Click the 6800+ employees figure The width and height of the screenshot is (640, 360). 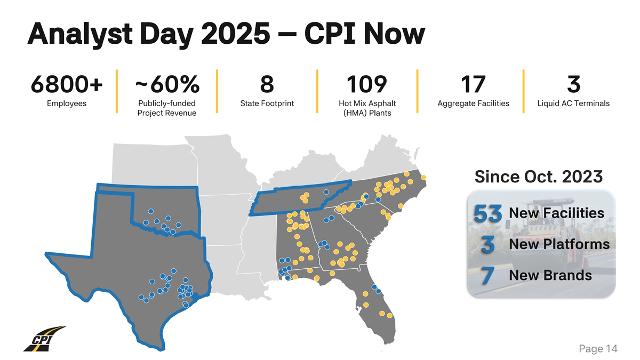(x=67, y=84)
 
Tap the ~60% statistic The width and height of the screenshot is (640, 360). (x=167, y=84)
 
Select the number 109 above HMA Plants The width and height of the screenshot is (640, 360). (x=367, y=84)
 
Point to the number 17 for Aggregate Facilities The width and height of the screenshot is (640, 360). (x=473, y=84)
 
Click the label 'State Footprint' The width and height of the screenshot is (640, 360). (x=267, y=103)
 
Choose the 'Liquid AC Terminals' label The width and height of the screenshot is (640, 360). (x=573, y=103)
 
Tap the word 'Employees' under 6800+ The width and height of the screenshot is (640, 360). (x=67, y=103)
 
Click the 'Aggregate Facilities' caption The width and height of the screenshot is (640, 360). (x=473, y=103)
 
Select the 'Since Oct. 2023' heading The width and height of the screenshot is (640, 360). (x=539, y=176)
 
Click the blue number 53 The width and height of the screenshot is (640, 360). (x=486, y=215)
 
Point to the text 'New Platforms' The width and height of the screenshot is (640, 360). (x=559, y=244)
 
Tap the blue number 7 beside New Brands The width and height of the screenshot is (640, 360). (x=485, y=277)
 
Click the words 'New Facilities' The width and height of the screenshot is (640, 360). (x=556, y=213)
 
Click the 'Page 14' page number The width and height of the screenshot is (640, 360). (x=598, y=349)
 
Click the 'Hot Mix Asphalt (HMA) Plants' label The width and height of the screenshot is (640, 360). (x=367, y=108)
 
